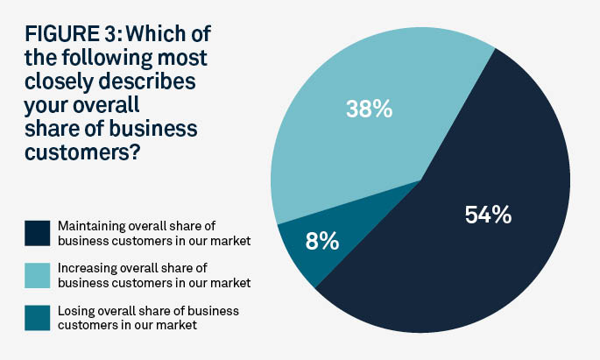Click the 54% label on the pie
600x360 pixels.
tap(489, 215)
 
